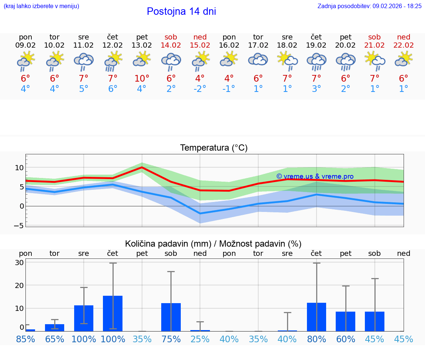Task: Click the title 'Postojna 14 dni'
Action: pyautogui.click(x=181, y=11)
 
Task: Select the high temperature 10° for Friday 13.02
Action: pyautogui.click(x=142, y=78)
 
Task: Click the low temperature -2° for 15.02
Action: pyautogui.click(x=200, y=89)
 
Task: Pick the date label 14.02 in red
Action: pyautogui.click(x=171, y=45)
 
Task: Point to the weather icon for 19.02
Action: pyautogui.click(x=316, y=61)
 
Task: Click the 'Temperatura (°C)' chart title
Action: pyautogui.click(x=214, y=148)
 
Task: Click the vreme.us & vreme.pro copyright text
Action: pyautogui.click(x=315, y=176)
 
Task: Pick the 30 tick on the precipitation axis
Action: pyautogui.click(x=20, y=263)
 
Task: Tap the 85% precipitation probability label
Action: pyautogui.click(x=25, y=339)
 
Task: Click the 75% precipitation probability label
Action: pyautogui.click(x=171, y=339)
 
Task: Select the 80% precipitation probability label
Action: pyautogui.click(x=317, y=339)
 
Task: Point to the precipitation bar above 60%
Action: pyautogui.click(x=345, y=321)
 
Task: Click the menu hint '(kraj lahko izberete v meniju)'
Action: pyautogui.click(x=41, y=6)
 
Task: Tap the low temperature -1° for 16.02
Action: pyautogui.click(x=229, y=89)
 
